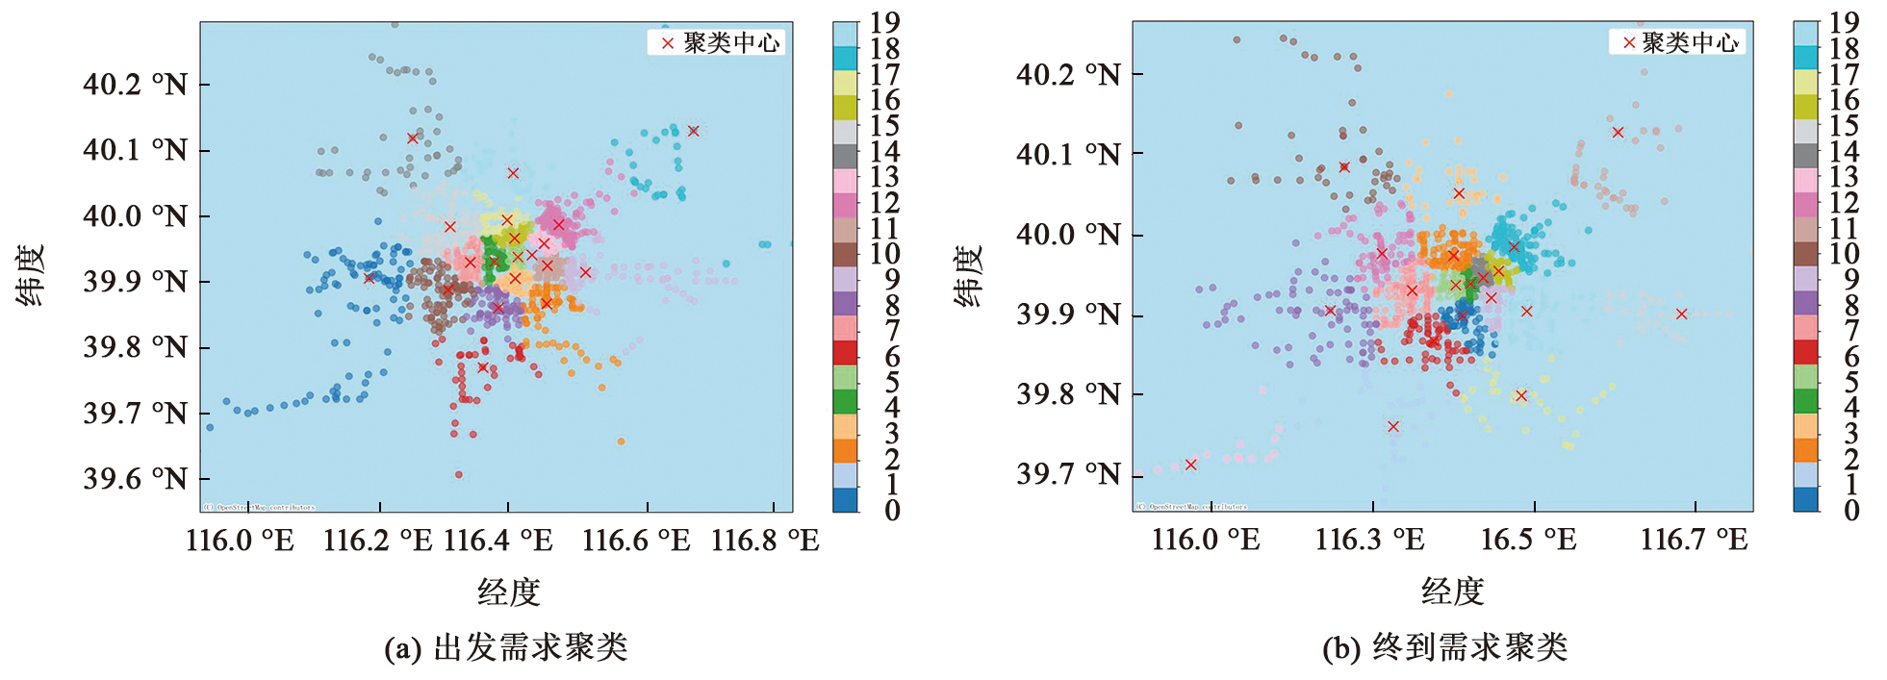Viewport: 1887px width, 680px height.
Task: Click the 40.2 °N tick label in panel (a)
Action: (x=135, y=85)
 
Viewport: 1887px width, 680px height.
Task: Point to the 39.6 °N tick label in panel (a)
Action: (x=135, y=479)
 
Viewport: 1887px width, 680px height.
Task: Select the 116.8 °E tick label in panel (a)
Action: (x=765, y=541)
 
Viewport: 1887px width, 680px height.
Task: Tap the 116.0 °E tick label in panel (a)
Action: (x=240, y=541)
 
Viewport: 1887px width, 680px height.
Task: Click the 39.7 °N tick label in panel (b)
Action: (x=1068, y=474)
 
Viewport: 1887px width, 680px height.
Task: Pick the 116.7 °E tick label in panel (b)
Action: (x=1694, y=540)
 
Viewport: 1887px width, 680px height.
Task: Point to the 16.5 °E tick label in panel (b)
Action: (x=1528, y=540)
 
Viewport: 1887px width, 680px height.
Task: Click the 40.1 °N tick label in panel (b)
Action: (x=1068, y=154)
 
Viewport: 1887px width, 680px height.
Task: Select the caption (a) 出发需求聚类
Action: (x=506, y=647)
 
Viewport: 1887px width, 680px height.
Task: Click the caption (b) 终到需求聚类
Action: (x=1444, y=647)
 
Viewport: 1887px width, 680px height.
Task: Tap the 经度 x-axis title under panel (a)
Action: (x=508, y=592)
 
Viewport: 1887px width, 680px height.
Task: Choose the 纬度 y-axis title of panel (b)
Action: (x=968, y=275)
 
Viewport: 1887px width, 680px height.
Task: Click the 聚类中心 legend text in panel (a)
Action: (x=731, y=43)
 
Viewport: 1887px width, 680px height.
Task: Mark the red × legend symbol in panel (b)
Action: (x=1629, y=42)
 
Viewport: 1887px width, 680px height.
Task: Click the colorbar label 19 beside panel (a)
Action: (x=884, y=22)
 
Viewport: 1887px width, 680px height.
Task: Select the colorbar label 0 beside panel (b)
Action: (x=1850, y=511)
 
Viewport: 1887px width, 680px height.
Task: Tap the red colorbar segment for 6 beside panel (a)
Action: (x=845, y=352)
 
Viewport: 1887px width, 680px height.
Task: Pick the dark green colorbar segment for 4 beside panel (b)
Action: (x=1805, y=401)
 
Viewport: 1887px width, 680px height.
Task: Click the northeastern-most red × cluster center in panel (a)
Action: (x=693, y=131)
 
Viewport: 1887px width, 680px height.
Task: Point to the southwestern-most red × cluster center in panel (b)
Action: (x=1190, y=465)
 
